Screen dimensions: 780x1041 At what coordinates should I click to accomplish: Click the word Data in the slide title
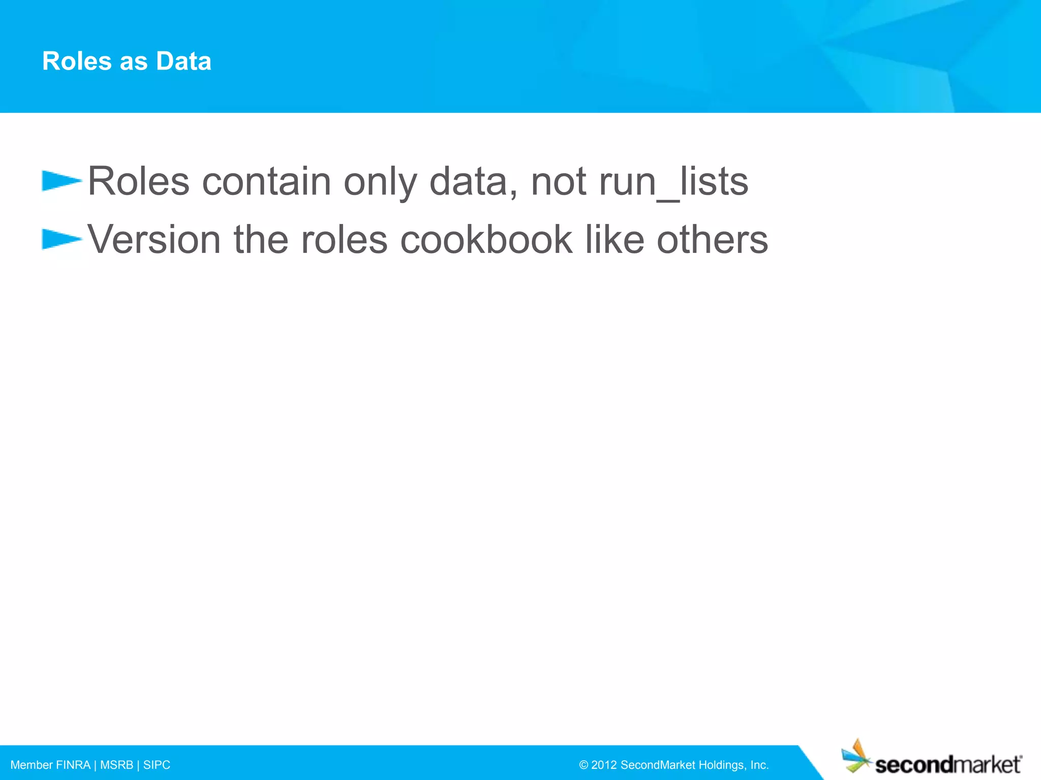coord(183,61)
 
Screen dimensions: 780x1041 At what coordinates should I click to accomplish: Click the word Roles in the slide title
coord(77,61)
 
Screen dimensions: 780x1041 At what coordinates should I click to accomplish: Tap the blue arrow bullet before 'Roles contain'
coord(61,181)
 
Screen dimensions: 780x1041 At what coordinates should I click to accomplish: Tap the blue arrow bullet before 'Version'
coord(61,239)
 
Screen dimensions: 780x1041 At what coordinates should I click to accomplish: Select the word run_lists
coord(673,182)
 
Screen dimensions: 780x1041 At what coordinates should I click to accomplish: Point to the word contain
coord(266,182)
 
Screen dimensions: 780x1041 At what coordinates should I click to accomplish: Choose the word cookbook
coord(486,240)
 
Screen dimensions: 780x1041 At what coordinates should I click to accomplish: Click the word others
coord(712,240)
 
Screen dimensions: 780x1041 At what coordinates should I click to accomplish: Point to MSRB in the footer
coord(116,765)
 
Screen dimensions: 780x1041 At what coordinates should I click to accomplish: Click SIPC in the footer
coord(157,765)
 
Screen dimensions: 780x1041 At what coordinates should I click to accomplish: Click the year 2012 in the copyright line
coord(603,765)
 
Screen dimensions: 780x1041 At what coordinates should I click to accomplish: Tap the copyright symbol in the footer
coord(584,765)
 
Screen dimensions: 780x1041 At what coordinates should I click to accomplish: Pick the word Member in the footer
coord(32,765)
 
